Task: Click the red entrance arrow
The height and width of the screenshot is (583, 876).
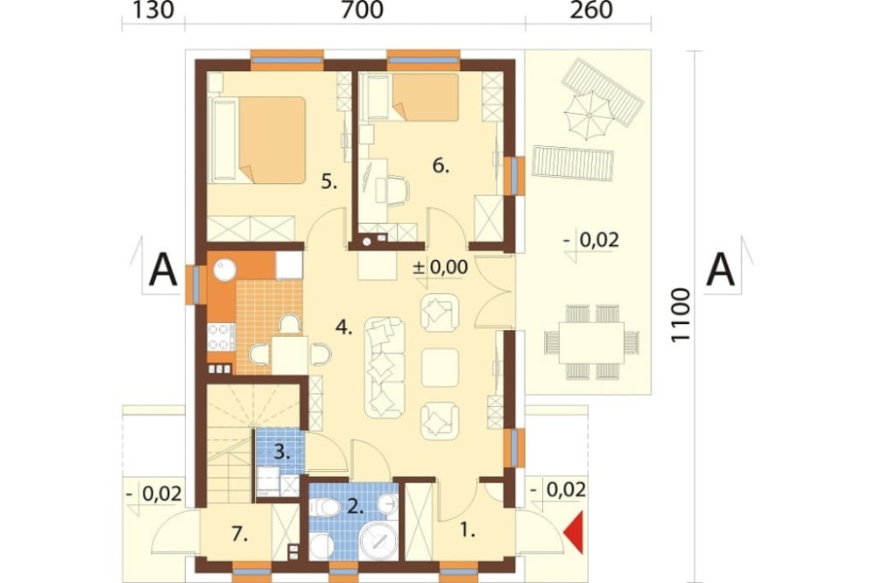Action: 575,532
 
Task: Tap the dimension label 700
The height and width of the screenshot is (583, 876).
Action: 362,10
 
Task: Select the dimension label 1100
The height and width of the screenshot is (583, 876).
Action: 680,315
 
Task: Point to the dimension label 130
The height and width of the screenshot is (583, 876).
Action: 152,10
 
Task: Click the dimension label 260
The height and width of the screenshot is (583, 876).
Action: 591,10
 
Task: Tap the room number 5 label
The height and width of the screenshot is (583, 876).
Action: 329,181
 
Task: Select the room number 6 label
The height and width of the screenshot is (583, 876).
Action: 441,165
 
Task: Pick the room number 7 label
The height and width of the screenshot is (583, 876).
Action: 239,534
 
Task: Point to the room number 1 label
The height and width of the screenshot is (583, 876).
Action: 468,530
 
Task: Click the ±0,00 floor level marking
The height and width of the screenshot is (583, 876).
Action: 441,268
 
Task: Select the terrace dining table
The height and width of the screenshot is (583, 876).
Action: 592,341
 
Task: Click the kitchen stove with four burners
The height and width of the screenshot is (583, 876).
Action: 222,337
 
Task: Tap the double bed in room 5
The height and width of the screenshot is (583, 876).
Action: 258,140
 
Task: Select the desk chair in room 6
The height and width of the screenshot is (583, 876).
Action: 396,189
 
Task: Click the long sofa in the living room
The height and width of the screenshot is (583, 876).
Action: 385,368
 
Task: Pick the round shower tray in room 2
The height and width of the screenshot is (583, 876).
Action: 378,541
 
